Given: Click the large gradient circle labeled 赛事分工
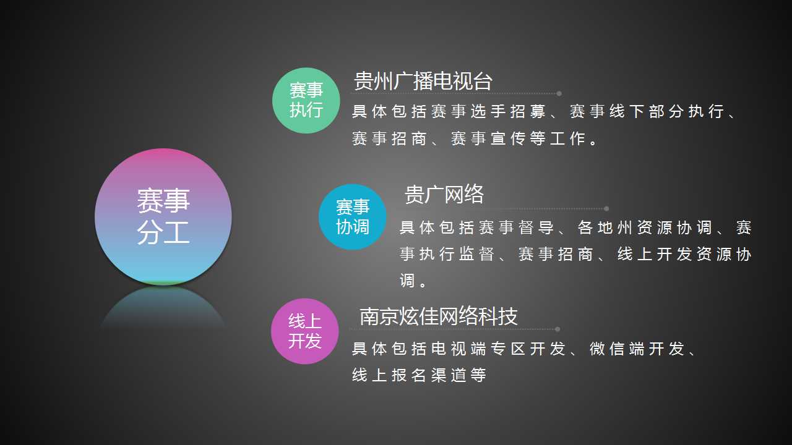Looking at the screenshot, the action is point(163,216).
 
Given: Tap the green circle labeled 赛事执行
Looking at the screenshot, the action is point(306,100).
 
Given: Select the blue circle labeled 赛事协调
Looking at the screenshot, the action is point(352,217).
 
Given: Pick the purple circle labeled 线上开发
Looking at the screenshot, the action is point(305,331).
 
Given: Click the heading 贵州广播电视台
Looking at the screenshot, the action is point(423,81).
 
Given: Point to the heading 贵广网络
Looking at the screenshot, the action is point(444,194).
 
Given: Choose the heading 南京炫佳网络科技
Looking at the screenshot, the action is point(439,316).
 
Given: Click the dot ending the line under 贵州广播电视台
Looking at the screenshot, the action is point(559,93).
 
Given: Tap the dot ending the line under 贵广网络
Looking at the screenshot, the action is point(606,209).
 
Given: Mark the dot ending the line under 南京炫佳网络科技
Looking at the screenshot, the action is point(557,329).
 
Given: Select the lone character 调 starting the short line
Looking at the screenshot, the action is point(407,281).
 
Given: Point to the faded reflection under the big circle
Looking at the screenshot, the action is point(163,307).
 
